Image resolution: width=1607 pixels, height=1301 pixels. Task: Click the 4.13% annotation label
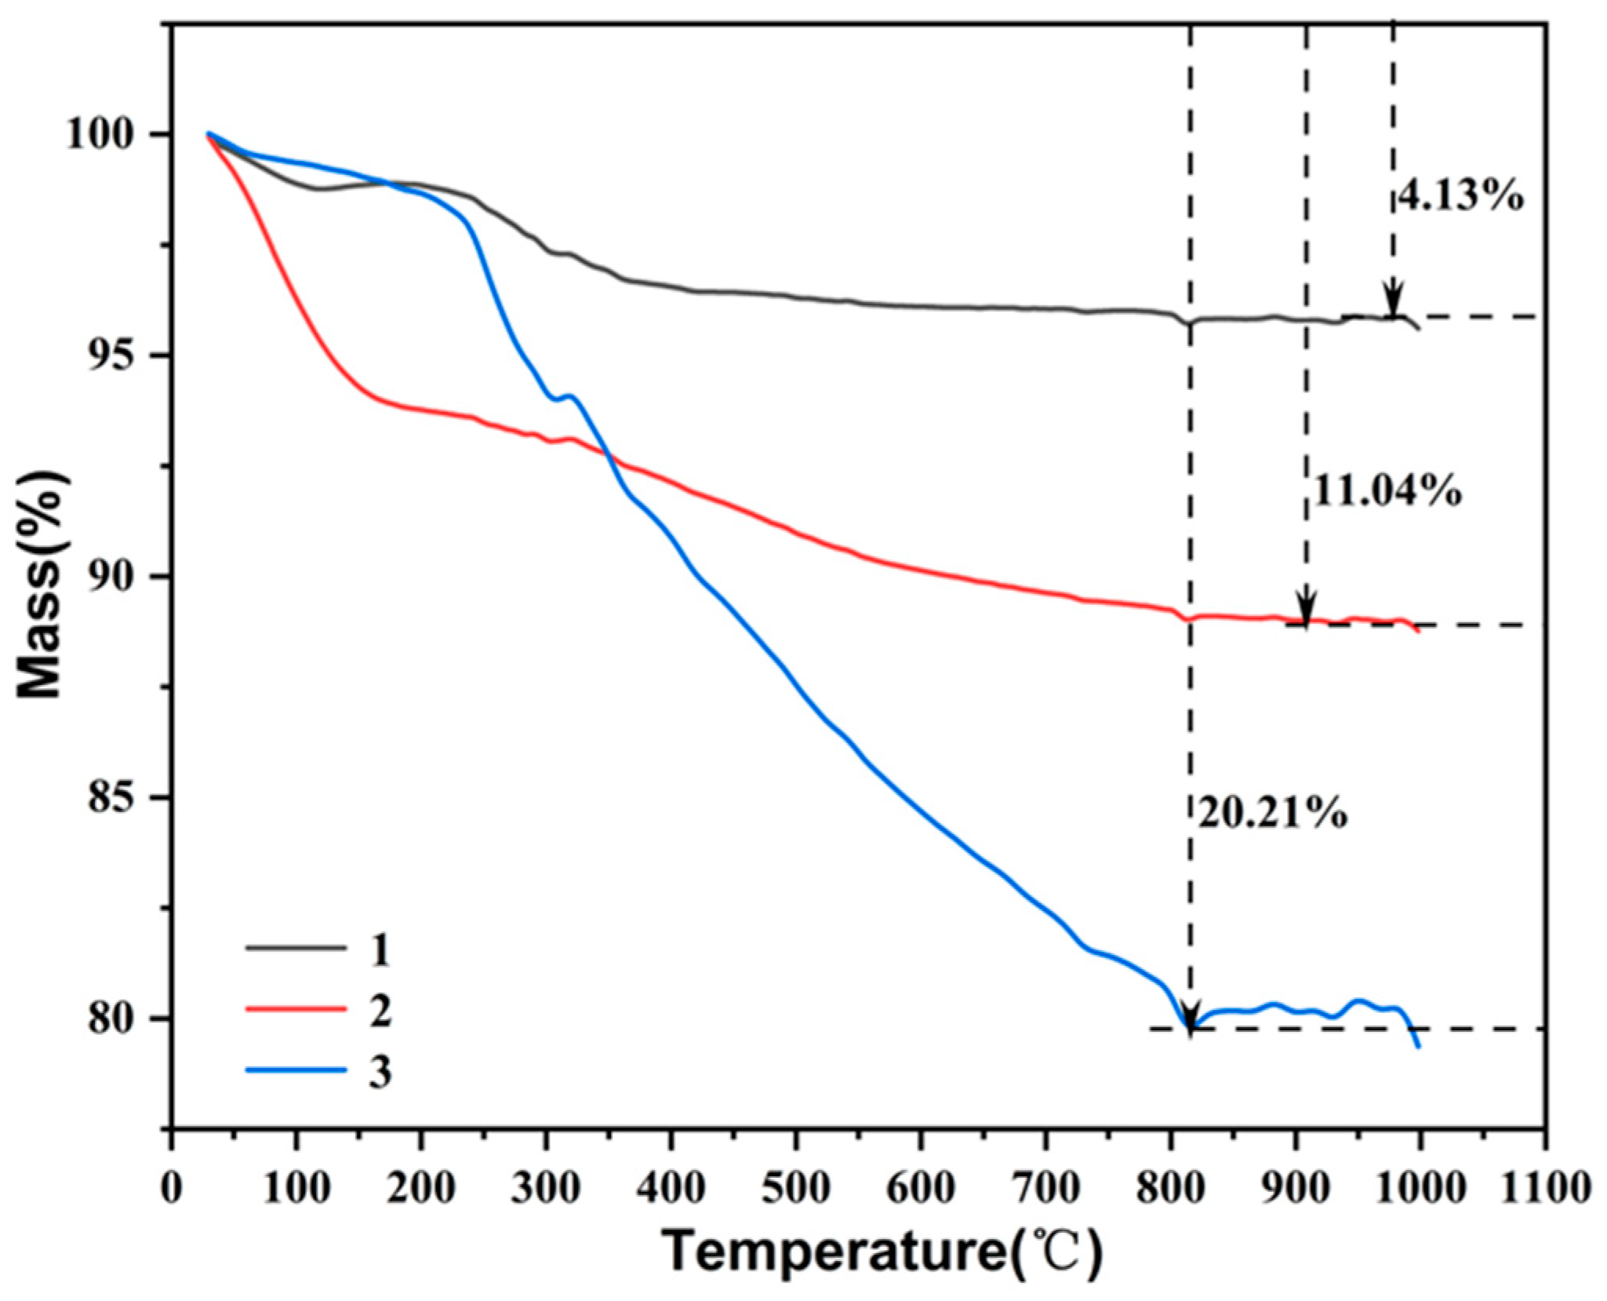(x=1460, y=197)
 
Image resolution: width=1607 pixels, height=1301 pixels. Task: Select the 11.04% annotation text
(x=1386, y=493)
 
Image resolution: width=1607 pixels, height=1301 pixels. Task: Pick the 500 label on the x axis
(x=795, y=1188)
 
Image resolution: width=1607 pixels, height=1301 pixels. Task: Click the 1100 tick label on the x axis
(x=1545, y=1188)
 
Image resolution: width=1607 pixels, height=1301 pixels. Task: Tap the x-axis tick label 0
(x=172, y=1188)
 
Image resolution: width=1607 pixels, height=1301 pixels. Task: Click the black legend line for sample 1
(x=296, y=948)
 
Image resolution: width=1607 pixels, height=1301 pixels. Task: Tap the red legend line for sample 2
(x=296, y=1009)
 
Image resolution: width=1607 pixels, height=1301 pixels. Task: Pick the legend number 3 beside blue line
(x=380, y=1071)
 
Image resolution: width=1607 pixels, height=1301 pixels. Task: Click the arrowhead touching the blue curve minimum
(x=1190, y=1018)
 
